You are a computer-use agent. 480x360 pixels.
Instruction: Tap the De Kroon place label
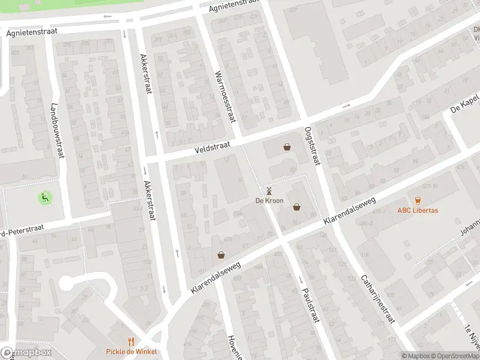click(269, 200)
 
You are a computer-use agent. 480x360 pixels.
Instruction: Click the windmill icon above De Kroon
click(269, 191)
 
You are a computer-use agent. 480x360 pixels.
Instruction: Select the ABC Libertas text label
click(418, 211)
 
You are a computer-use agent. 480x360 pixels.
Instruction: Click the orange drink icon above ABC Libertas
click(418, 200)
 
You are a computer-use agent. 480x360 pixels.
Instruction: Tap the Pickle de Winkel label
click(131, 352)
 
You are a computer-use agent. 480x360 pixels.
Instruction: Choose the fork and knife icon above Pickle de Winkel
click(131, 341)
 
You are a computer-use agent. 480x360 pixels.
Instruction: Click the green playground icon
click(44, 196)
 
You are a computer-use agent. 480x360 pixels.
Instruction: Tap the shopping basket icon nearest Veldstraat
click(287, 147)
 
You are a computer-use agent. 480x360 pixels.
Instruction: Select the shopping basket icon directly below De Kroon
click(296, 207)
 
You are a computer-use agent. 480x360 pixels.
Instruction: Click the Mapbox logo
click(25, 353)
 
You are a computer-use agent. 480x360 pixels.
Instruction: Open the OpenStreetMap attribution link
click(451, 356)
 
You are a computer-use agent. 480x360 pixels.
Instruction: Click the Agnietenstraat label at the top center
click(233, 7)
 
